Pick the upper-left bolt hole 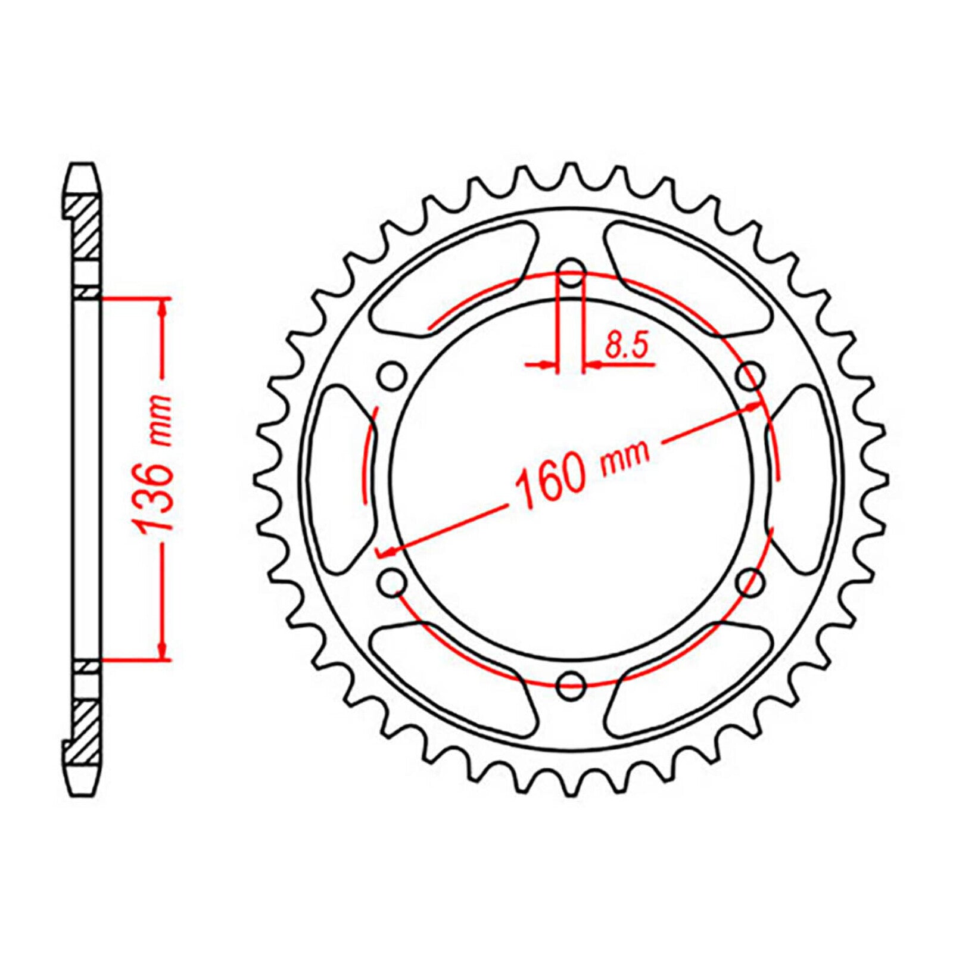(x=391, y=376)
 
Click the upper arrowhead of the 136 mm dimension (x=162, y=306)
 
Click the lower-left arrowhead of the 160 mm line (x=386, y=552)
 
